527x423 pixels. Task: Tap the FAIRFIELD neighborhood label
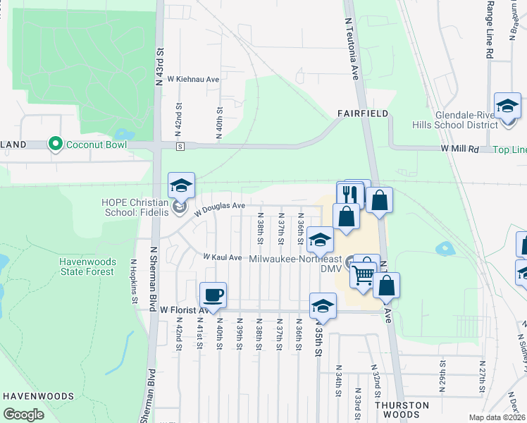362,113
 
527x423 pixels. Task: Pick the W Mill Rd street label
459,149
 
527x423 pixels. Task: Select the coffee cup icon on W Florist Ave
213,295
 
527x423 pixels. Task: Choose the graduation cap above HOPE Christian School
181,186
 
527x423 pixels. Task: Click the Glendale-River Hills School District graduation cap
507,106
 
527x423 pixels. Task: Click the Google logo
23,415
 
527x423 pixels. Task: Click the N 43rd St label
160,67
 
